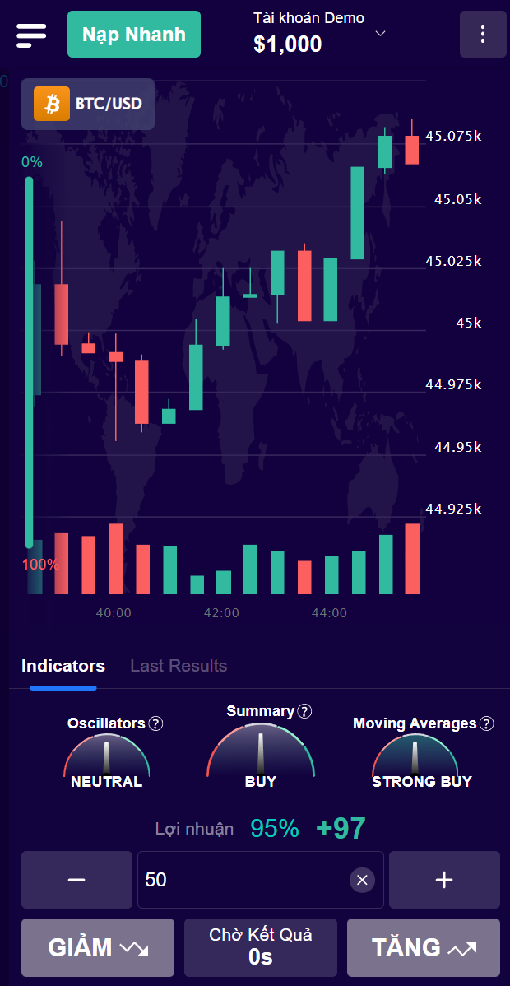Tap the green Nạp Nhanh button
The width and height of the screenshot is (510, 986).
(x=133, y=35)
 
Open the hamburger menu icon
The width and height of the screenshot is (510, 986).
(x=31, y=35)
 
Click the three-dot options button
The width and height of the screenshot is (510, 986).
(x=483, y=35)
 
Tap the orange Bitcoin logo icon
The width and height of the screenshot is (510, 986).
(x=52, y=104)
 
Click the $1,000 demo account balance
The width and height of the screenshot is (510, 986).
(x=287, y=44)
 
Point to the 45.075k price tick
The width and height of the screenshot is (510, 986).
(x=453, y=136)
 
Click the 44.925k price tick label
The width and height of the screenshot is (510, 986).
(x=453, y=509)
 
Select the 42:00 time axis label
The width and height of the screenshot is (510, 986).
(x=221, y=613)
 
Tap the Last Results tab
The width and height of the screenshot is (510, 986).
(x=178, y=666)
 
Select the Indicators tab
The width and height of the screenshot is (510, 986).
(x=63, y=666)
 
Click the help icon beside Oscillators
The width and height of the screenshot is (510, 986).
(x=155, y=723)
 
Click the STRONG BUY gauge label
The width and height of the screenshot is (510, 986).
(x=422, y=781)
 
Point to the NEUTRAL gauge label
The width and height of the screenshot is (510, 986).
(x=106, y=781)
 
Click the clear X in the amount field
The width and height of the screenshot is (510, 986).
(x=362, y=880)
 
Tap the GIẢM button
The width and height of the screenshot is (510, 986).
(x=98, y=947)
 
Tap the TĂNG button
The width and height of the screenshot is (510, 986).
(x=423, y=947)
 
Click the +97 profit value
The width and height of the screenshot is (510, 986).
(x=341, y=829)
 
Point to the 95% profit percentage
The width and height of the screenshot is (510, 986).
(x=275, y=829)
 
